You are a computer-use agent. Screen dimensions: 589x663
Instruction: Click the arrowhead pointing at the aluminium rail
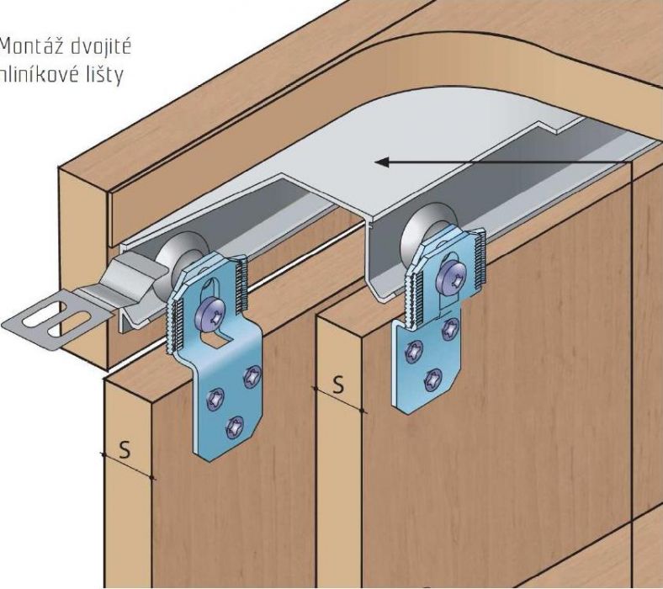[380, 161]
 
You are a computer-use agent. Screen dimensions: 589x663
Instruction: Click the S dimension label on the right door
[337, 383]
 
